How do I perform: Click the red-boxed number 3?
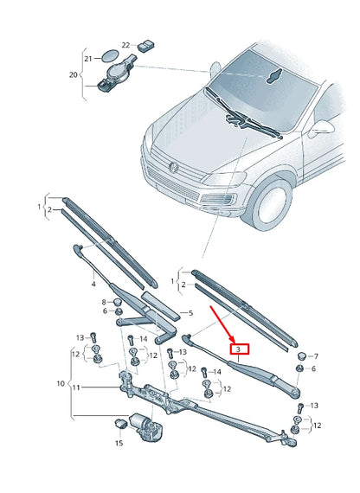point(238,349)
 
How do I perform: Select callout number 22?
point(125,45)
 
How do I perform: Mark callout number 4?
point(93,283)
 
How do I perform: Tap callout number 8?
point(105,301)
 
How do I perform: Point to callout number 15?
point(119,442)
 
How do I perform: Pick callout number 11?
point(76,387)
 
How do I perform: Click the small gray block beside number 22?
point(145,44)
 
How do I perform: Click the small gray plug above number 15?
point(121,423)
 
